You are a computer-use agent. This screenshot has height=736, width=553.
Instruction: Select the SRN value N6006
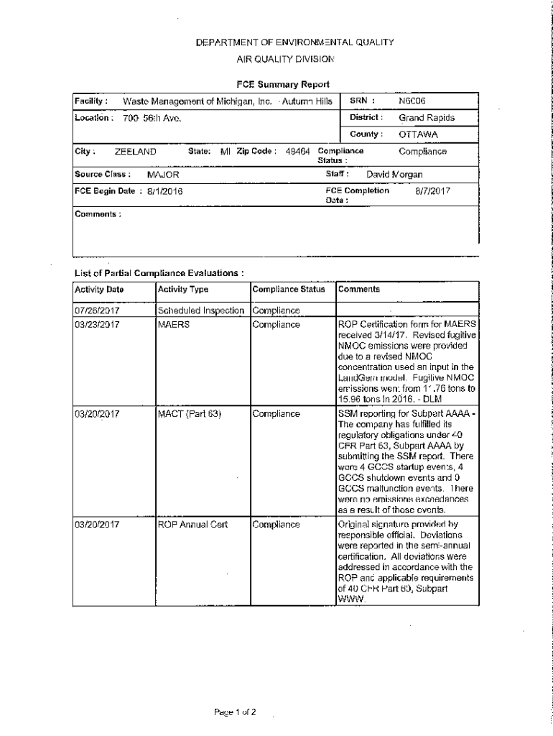(412, 101)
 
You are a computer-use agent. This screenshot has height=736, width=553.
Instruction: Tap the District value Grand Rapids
(427, 118)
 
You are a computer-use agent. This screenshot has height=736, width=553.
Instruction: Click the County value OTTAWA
(418, 134)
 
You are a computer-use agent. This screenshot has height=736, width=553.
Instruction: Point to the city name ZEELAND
(136, 152)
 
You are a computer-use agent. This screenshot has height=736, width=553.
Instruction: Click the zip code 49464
(297, 152)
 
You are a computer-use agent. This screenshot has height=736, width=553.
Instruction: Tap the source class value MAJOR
(163, 175)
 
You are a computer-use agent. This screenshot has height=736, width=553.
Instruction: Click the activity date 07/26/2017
(97, 310)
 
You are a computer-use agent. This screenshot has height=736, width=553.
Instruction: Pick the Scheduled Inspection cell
(203, 310)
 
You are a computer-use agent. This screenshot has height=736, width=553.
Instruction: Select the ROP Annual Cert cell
(192, 525)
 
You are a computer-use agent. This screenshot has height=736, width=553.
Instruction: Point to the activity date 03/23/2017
(97, 324)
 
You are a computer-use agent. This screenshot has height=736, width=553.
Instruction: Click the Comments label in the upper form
(98, 214)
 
